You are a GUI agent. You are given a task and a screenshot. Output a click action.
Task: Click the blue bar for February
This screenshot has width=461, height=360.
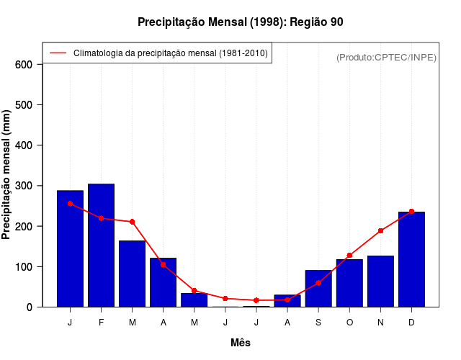click(101, 245)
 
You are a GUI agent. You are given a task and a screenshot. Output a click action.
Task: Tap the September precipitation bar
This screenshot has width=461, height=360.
click(318, 289)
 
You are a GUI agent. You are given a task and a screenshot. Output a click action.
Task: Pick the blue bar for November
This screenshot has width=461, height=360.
click(380, 282)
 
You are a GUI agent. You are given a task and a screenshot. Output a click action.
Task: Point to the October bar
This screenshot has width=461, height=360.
click(349, 283)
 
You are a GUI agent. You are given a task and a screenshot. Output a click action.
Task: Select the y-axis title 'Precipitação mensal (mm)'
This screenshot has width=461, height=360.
click(7, 174)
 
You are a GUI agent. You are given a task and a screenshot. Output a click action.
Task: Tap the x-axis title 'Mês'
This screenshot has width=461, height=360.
click(241, 343)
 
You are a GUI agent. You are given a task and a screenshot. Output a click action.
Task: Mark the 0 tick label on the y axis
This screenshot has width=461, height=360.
click(30, 307)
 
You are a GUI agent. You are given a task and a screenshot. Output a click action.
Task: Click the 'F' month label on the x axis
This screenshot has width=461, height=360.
click(101, 323)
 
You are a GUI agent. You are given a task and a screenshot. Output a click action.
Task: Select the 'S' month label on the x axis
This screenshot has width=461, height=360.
click(318, 323)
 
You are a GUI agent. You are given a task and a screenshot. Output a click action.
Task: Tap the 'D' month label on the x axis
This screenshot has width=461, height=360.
click(411, 323)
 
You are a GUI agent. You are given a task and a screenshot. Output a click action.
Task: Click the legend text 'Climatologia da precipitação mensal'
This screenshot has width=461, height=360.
click(171, 53)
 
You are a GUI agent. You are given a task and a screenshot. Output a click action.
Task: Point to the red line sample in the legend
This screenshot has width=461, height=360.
click(58, 53)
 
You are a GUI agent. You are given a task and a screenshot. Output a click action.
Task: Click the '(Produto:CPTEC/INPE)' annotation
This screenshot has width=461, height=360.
click(387, 58)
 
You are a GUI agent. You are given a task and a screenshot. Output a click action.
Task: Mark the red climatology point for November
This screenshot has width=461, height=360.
click(380, 231)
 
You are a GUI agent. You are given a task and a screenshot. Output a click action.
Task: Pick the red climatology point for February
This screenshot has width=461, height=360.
click(101, 218)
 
